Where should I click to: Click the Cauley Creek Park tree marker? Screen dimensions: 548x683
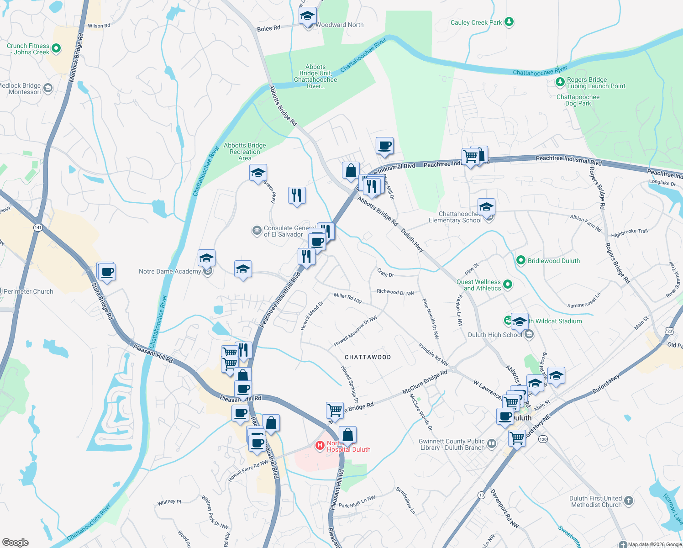509,22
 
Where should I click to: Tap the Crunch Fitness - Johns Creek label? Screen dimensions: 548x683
28,49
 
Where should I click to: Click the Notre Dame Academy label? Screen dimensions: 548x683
170,271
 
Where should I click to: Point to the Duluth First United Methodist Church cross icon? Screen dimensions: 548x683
629,501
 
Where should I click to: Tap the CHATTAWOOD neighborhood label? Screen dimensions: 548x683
368,357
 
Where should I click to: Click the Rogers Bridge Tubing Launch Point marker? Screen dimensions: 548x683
560,82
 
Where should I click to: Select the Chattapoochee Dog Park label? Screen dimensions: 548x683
578,100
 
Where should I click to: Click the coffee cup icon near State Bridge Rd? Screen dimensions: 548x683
107,272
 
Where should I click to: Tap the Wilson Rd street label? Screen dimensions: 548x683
99,26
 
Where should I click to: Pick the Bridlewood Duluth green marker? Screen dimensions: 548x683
520,260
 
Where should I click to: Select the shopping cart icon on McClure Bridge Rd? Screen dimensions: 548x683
335,410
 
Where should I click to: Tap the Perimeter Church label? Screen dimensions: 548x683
28,291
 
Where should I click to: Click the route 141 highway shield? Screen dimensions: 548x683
38,227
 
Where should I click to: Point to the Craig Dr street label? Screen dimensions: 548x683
385,273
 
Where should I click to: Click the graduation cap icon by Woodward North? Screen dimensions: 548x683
307,16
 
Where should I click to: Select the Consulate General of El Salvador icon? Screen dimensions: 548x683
257,231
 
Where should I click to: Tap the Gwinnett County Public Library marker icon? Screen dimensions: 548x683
491,443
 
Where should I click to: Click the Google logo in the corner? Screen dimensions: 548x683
15,542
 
